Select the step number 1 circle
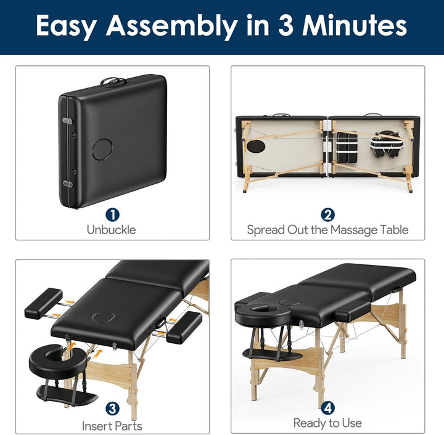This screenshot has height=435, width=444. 112,214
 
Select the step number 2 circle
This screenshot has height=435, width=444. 327,214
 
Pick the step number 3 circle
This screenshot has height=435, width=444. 112,408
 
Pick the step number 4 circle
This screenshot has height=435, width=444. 327,407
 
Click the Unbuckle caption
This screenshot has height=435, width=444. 112,230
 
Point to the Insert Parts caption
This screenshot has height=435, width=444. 112,426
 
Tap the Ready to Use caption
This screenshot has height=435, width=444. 327,423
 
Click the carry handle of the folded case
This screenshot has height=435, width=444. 113,81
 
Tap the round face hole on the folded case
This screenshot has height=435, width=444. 102,148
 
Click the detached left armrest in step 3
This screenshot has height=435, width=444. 43,303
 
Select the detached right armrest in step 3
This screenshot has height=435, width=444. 184,327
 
